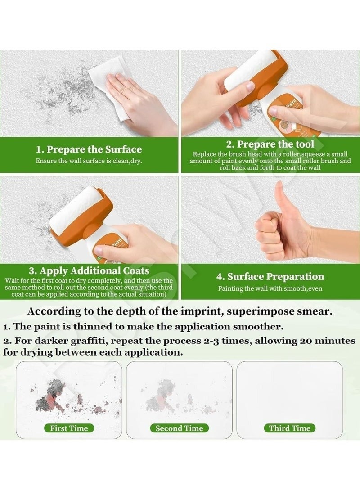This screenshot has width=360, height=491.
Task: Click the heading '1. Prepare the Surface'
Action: (x=89, y=149)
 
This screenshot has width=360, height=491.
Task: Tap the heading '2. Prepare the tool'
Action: (x=270, y=144)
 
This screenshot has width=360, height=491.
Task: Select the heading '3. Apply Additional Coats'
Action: (x=89, y=270)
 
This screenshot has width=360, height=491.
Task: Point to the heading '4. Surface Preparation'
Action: (x=270, y=276)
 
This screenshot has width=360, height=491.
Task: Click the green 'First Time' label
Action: (x=69, y=428)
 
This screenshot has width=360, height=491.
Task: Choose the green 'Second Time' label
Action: (x=180, y=428)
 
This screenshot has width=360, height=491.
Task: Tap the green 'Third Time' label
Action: (x=289, y=428)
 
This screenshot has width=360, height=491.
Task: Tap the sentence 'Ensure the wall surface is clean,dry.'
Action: (x=89, y=161)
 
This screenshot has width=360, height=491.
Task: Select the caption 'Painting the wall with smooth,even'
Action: (x=270, y=288)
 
